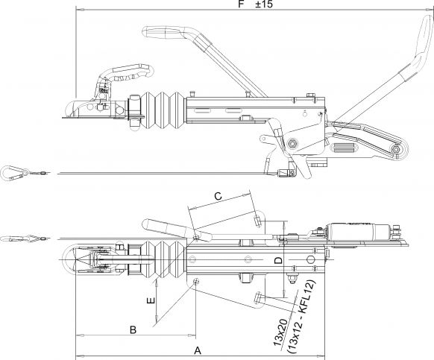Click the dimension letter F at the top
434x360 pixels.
point(240,4)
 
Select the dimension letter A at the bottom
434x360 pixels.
point(198,349)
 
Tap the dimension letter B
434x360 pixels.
point(133,329)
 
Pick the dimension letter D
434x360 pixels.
point(277,259)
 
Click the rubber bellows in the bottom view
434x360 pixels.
point(160,261)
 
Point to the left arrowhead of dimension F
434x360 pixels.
point(78,10)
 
